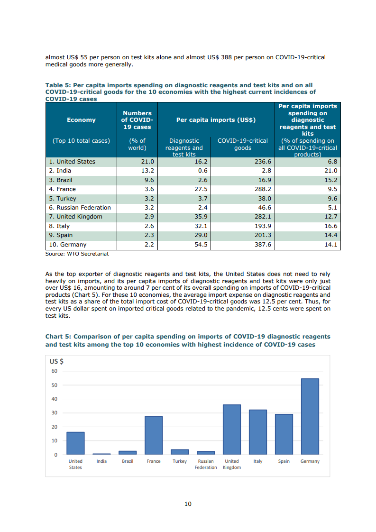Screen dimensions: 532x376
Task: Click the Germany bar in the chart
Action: (310, 416)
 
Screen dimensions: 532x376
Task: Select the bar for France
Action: (154, 435)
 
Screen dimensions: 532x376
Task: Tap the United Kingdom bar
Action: (232, 430)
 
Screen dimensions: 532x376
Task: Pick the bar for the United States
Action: (75, 443)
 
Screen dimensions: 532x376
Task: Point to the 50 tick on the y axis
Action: (54, 385)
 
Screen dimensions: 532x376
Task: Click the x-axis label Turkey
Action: (180, 461)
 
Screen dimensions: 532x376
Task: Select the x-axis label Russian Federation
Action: (206, 464)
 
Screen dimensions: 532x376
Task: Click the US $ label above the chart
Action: (57, 361)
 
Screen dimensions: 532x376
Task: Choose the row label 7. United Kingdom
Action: (75, 217)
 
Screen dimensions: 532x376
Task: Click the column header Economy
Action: (81, 120)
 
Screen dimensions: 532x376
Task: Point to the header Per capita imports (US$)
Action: (216, 120)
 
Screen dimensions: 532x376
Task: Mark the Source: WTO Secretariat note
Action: (77, 254)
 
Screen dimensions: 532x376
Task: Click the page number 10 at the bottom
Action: (188, 504)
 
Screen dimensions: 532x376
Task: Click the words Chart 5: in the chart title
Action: (58, 337)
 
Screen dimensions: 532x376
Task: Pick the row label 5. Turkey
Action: (63, 199)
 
